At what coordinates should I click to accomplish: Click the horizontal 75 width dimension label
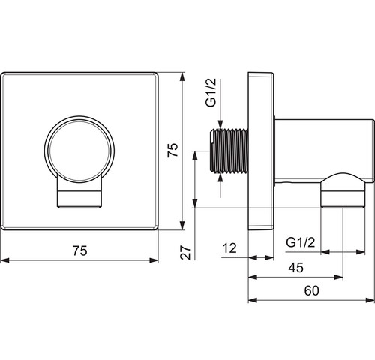point(80,250)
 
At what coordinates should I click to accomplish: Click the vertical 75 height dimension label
point(172,150)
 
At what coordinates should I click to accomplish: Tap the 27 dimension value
point(186,252)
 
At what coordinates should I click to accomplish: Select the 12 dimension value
point(229,248)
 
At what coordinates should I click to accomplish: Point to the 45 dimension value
point(296,268)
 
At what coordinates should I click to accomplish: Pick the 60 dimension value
point(312,290)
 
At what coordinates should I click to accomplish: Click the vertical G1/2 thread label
point(211,92)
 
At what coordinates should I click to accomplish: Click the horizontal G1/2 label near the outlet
point(301,242)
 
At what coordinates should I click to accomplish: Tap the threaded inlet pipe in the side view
point(229,151)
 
